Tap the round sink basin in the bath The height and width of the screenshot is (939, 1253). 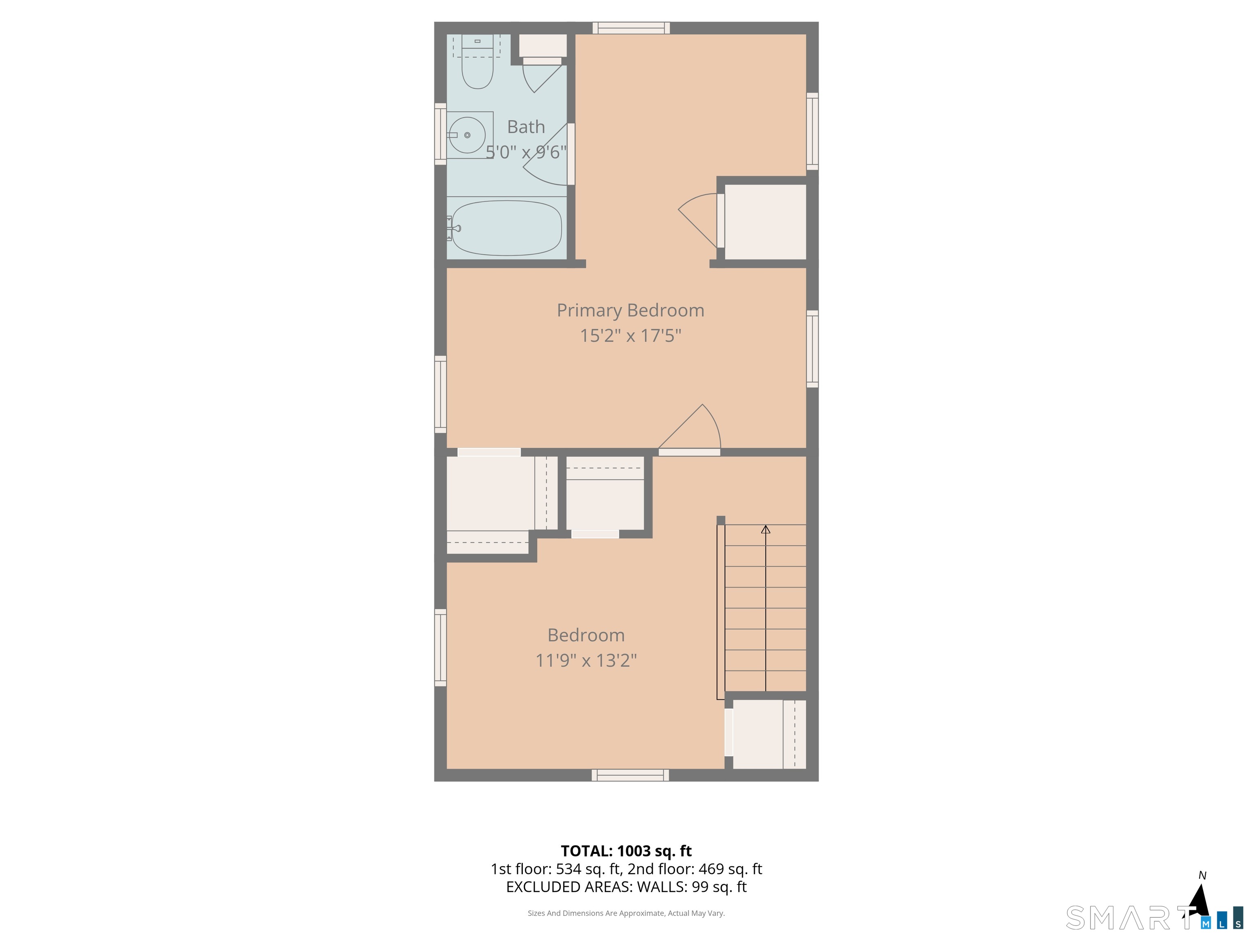pos(467,135)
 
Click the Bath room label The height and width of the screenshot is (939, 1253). pos(526,127)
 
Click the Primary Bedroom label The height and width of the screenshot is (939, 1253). pos(631,311)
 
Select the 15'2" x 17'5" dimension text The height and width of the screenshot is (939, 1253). pos(631,336)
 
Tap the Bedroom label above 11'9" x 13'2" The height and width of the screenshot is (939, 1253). pos(586,635)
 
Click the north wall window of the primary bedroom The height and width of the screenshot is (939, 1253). pos(631,28)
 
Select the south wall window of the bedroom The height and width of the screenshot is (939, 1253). pos(631,776)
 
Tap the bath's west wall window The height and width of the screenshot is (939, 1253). pos(440,134)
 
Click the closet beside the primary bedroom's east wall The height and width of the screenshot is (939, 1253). pos(765,222)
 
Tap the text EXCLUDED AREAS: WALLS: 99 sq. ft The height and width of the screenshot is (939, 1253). pos(626,887)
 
